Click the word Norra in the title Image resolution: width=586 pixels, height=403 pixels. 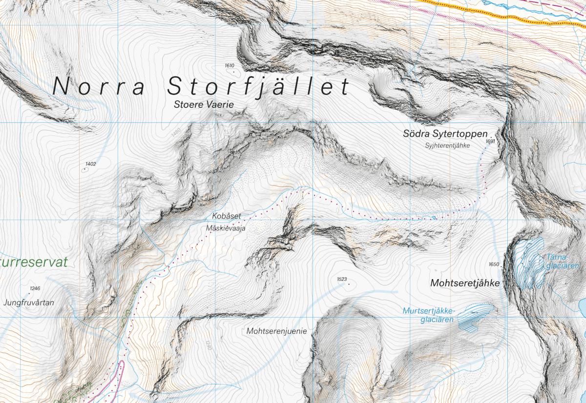(x=98, y=87)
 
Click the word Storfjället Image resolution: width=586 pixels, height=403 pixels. (x=258, y=86)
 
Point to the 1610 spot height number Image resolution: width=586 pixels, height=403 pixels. (x=230, y=65)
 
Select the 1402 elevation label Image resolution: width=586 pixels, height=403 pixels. (x=90, y=164)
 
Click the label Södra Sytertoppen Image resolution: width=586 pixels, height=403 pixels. (x=445, y=133)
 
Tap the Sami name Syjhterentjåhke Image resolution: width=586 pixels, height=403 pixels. (x=447, y=145)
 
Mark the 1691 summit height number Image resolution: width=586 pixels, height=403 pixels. (x=490, y=141)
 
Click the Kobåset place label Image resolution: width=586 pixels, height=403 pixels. (x=227, y=216)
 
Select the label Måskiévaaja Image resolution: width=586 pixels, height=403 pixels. (x=226, y=227)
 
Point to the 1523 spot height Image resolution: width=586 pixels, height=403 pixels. (x=342, y=279)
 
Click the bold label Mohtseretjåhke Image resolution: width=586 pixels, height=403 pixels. (x=465, y=283)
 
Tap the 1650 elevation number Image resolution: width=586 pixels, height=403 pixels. (x=493, y=264)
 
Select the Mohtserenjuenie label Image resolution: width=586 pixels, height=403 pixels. (x=277, y=331)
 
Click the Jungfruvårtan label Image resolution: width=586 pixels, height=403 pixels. (x=28, y=302)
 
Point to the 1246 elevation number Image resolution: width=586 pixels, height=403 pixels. (x=35, y=288)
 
